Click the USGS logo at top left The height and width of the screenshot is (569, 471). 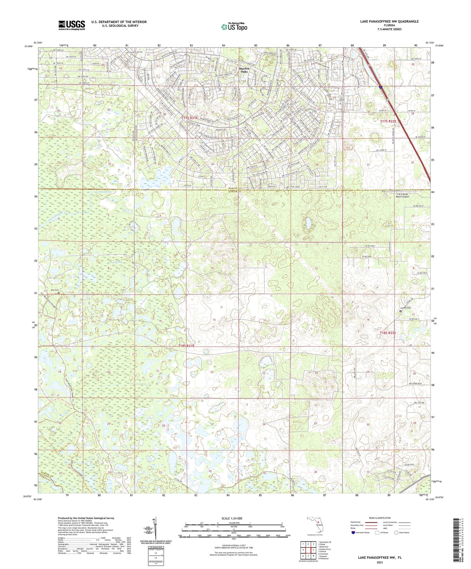(x=72, y=25)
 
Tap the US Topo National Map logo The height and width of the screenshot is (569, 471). (x=234, y=27)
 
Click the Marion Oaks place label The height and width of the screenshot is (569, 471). (x=244, y=70)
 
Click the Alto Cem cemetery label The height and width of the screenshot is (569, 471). (x=54, y=290)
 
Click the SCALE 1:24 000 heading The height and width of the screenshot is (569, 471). (x=232, y=518)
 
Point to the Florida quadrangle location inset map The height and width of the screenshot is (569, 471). (x=315, y=525)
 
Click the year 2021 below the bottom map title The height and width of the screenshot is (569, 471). (x=379, y=562)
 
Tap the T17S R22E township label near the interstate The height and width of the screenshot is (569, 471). (x=388, y=121)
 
